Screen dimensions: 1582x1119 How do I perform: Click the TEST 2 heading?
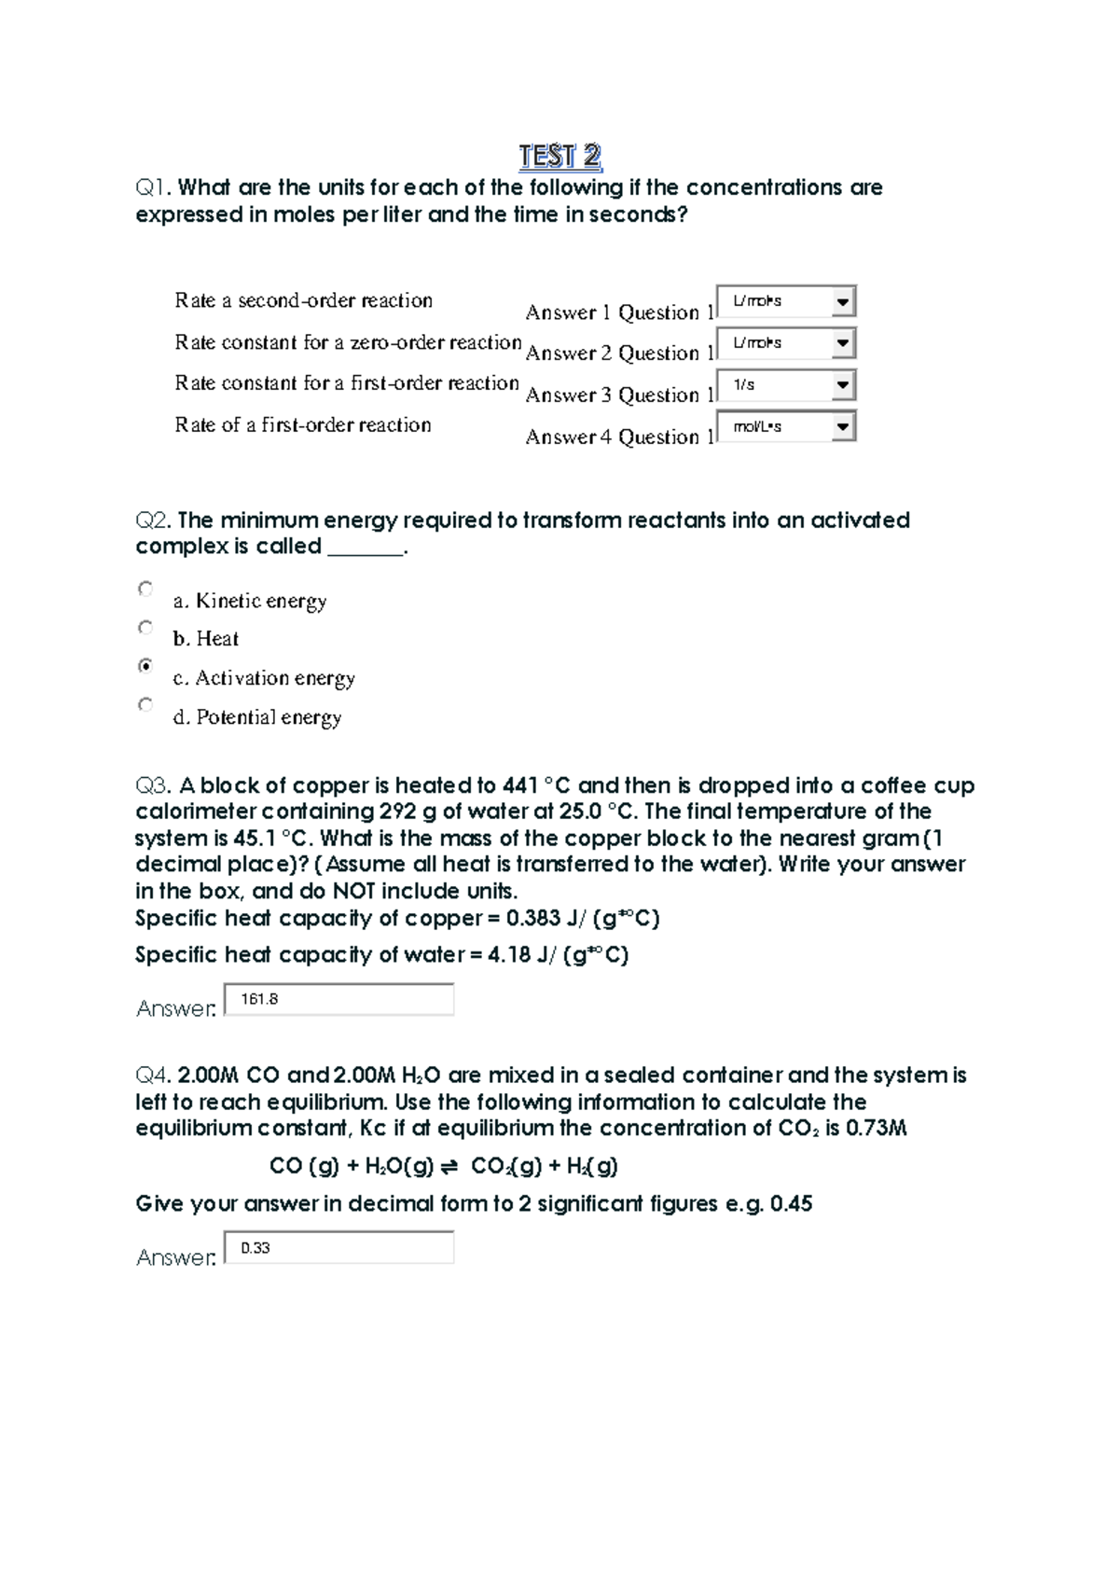point(559,156)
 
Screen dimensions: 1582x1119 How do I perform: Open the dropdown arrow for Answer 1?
point(842,301)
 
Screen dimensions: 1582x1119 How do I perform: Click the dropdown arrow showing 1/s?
point(842,384)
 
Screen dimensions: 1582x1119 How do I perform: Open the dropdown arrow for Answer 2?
point(842,343)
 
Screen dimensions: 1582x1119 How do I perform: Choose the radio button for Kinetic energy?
point(145,589)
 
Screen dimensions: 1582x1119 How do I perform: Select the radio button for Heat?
point(145,628)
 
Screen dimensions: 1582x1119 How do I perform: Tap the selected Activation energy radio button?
point(145,666)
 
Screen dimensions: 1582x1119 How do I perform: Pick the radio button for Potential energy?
point(145,705)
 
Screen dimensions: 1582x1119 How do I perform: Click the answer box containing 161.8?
point(339,999)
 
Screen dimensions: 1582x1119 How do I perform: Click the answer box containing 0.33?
point(339,1248)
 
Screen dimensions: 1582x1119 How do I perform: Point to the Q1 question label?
point(153,187)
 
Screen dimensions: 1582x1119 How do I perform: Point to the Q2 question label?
point(154,520)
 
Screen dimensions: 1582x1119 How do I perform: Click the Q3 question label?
point(154,785)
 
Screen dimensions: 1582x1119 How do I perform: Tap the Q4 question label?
point(154,1075)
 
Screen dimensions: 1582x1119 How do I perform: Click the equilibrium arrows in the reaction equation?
point(449,1167)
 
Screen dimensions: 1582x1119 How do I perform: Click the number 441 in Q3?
point(519,785)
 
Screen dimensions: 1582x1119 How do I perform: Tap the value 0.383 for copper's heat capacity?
point(532,919)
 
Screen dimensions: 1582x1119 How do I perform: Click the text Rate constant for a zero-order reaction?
point(347,342)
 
